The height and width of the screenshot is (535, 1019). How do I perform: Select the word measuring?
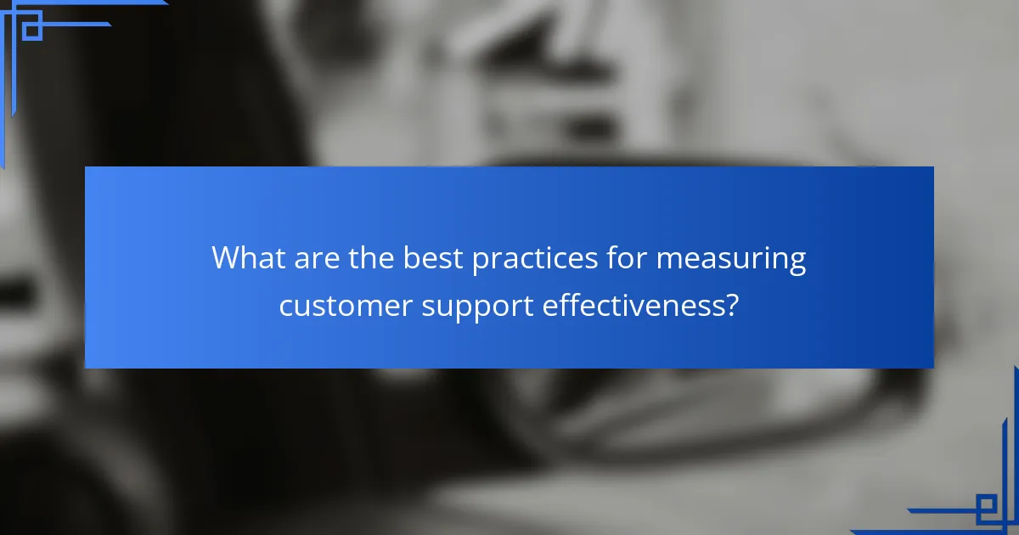point(731,259)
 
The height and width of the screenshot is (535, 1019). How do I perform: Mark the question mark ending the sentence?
point(732,304)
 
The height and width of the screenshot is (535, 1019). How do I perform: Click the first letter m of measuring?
point(668,259)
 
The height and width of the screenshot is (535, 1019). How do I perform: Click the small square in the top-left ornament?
point(31,30)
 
